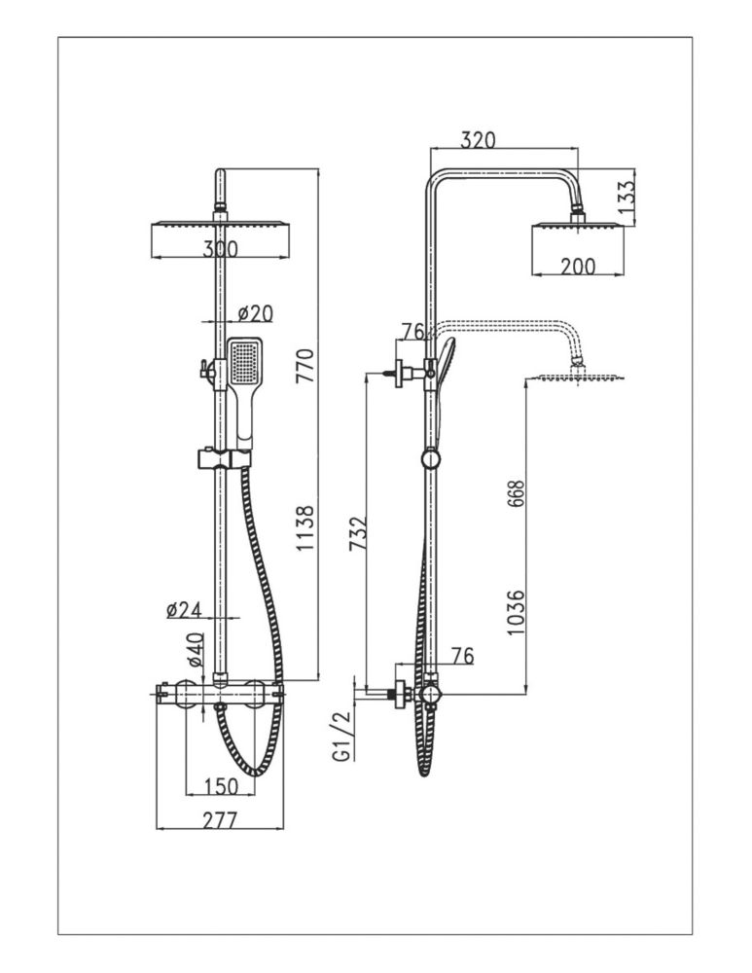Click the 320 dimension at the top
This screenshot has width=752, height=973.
(478, 139)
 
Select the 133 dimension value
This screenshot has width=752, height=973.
(627, 195)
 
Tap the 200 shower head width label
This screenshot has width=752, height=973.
(578, 267)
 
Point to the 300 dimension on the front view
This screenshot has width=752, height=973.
(220, 249)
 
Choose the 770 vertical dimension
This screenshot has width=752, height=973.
(305, 366)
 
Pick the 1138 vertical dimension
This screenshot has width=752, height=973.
(305, 528)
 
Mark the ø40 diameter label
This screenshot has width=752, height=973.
(195, 649)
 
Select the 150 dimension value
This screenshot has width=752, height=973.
(220, 786)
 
